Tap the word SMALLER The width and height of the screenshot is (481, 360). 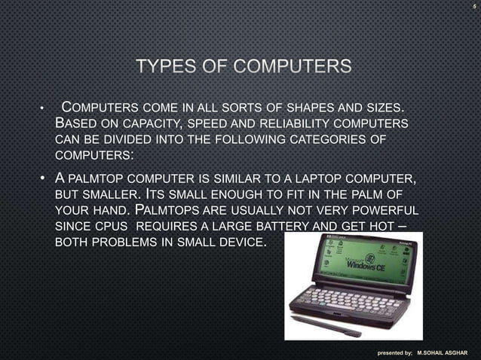[x=112, y=194]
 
